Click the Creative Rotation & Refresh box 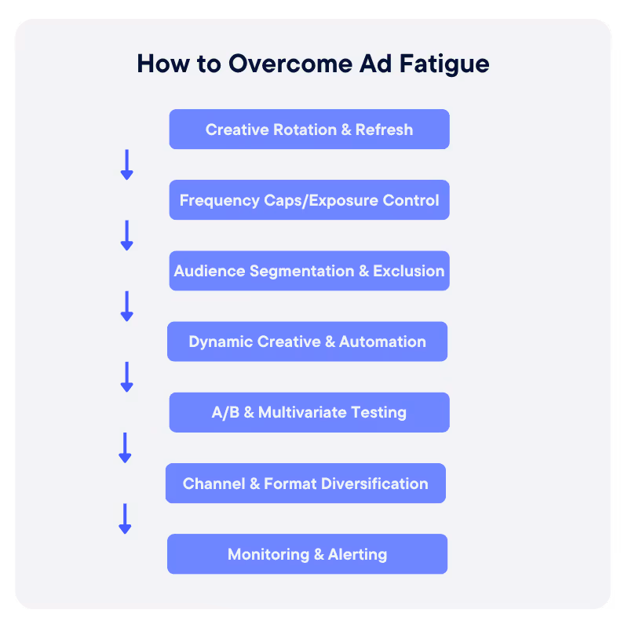coord(309,130)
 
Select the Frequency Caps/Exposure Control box coord(309,200)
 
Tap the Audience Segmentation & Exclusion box coord(309,271)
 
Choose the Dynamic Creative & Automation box coord(307,341)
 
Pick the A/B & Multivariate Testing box coord(309,412)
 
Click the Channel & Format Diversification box coord(305,483)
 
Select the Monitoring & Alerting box coord(307,554)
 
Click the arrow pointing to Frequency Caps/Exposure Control coord(126,164)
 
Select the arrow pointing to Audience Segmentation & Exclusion coord(126,235)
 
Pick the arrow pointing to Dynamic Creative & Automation coord(126,306)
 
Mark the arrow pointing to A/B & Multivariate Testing coord(126,377)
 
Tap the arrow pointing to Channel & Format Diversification coord(125,447)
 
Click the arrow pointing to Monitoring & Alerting coord(125,519)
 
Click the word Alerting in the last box coord(358,554)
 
